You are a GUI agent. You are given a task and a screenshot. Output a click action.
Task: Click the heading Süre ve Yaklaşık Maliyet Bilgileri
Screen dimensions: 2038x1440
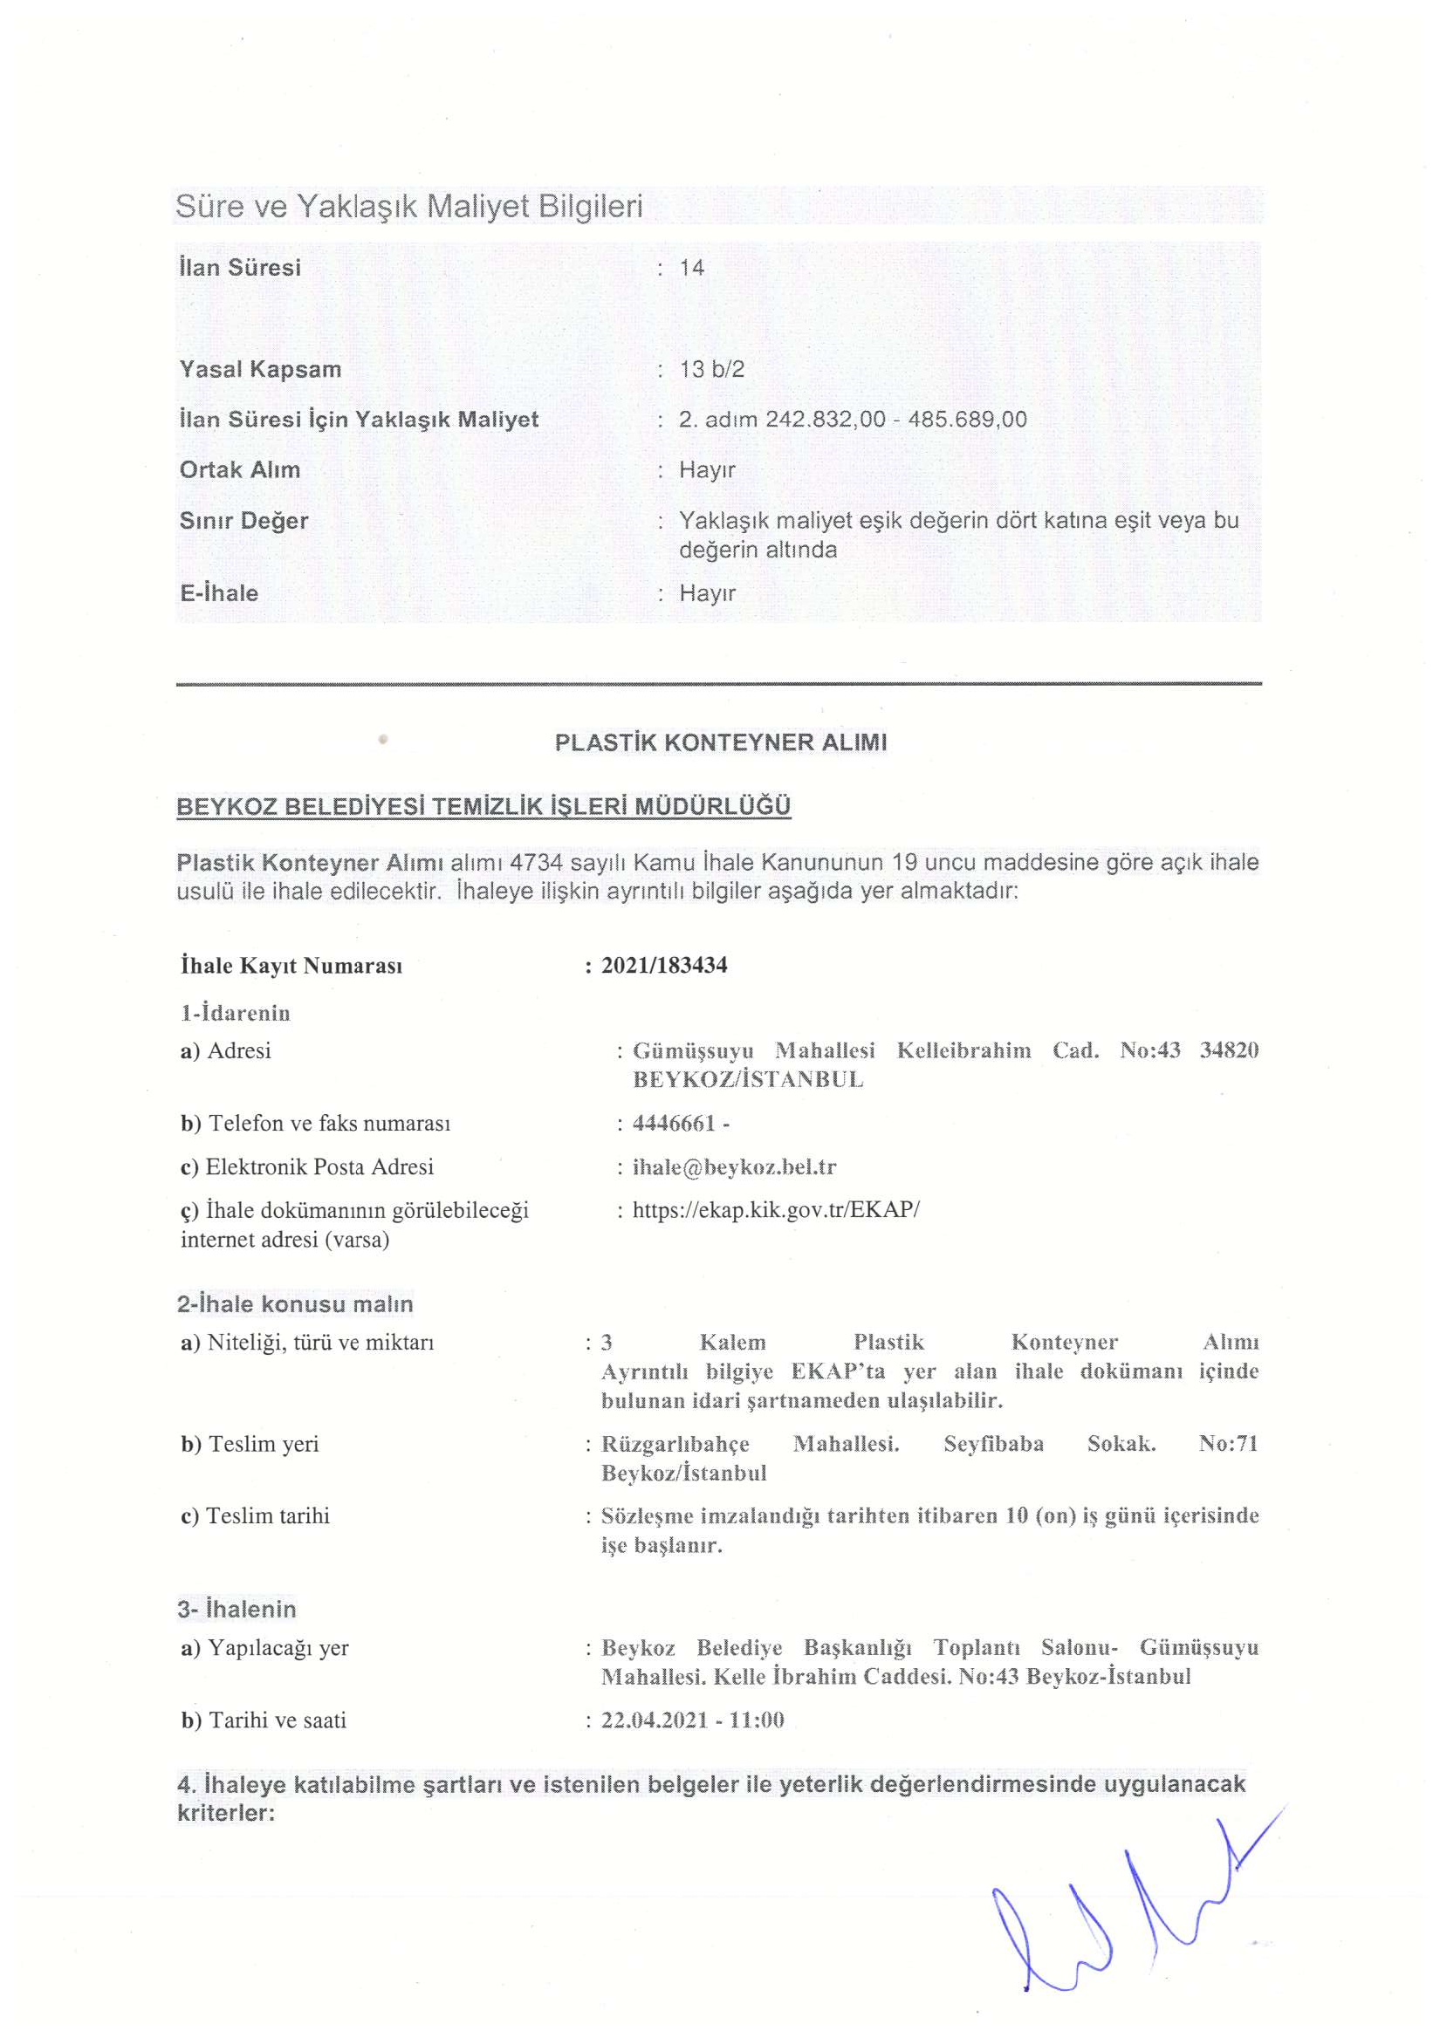pyautogui.click(x=408, y=207)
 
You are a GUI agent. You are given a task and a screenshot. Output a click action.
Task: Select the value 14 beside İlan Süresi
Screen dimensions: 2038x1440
pyautogui.click(x=691, y=268)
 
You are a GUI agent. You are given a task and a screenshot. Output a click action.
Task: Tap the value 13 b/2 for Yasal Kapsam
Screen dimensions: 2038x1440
pyautogui.click(x=711, y=369)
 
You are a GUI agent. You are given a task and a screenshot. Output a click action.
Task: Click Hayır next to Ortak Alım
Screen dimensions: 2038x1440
pyautogui.click(x=707, y=470)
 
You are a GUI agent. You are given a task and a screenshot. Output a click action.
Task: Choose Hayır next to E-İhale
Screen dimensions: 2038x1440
pyautogui.click(x=707, y=593)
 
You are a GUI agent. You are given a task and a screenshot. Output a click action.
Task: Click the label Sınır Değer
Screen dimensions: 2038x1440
pyautogui.click(x=243, y=521)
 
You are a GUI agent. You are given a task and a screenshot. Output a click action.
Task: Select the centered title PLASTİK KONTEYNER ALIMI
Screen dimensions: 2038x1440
pyautogui.click(x=720, y=743)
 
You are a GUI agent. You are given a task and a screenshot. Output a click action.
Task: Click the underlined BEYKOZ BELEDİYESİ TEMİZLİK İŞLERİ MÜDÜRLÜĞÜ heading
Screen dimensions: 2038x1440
pyautogui.click(x=483, y=807)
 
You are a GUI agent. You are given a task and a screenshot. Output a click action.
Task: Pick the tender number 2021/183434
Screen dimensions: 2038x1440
pyautogui.click(x=664, y=966)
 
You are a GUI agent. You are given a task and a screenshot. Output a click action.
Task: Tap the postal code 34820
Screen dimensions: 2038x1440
pyautogui.click(x=1229, y=1051)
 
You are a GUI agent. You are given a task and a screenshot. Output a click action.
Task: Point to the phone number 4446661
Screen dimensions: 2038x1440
pyautogui.click(x=674, y=1124)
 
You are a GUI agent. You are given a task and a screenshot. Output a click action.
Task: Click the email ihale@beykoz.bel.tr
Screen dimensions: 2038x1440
pyautogui.click(x=734, y=1167)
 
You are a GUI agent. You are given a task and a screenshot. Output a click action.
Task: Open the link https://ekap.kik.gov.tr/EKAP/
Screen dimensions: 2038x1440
pyautogui.click(x=776, y=1211)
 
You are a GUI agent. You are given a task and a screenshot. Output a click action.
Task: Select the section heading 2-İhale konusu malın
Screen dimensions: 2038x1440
pyautogui.click(x=295, y=1304)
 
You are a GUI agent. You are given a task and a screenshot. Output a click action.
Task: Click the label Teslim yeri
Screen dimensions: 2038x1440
pyautogui.click(x=263, y=1444)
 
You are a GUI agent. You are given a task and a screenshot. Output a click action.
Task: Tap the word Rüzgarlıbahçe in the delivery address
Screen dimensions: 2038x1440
pyautogui.click(x=675, y=1444)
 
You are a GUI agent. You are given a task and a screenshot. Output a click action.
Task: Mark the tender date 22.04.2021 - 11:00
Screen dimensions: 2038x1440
pyautogui.click(x=692, y=1720)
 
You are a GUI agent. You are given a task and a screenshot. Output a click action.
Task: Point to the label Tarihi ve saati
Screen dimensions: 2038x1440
pyautogui.click(x=276, y=1720)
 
